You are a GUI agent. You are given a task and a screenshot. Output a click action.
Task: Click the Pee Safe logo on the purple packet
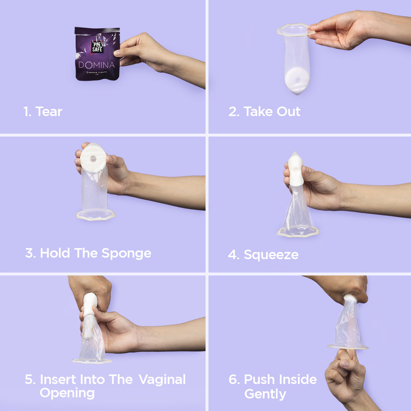pyautogui.click(x=97, y=47)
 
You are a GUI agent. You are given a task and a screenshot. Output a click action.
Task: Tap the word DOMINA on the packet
pyautogui.click(x=96, y=65)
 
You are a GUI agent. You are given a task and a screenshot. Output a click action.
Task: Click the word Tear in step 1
pyautogui.click(x=49, y=112)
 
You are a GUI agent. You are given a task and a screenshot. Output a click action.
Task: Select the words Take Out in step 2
pyautogui.click(x=272, y=112)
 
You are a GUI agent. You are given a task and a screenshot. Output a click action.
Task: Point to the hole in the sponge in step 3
pyautogui.click(x=93, y=159)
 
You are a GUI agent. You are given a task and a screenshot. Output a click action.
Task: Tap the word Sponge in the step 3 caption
pyautogui.click(x=126, y=254)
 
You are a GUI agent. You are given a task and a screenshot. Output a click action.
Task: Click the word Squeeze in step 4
pyautogui.click(x=271, y=255)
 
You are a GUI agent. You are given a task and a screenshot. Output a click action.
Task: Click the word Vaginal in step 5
pyautogui.click(x=162, y=379)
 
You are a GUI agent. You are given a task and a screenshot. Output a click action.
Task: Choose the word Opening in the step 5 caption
pyautogui.click(x=67, y=393)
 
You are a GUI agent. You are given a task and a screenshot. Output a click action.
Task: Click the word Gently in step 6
pyautogui.click(x=265, y=394)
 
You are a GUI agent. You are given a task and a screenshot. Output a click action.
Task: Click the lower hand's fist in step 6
pyautogui.click(x=346, y=372)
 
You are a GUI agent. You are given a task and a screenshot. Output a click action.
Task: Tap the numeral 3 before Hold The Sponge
pyautogui.click(x=29, y=253)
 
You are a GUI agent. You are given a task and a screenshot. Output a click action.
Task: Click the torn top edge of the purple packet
pyautogui.click(x=97, y=30)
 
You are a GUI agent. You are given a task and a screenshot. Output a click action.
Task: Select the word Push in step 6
pyautogui.click(x=260, y=379)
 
